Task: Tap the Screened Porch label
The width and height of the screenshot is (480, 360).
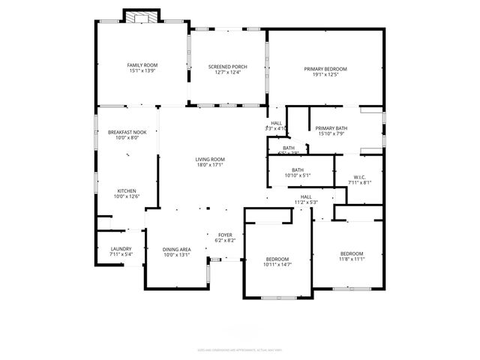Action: pos(227,67)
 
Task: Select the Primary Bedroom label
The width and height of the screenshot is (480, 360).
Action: pos(325,69)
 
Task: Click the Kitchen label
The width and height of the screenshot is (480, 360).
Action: pos(126,190)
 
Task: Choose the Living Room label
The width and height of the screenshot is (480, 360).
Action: pos(210,159)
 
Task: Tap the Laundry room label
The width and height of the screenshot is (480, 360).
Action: pos(121,249)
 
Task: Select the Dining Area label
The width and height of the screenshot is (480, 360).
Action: pos(177,249)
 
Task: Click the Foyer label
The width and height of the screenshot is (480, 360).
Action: pos(225,235)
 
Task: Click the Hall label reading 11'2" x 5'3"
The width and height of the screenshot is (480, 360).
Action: pos(306,202)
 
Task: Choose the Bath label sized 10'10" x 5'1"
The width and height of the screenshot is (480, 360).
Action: pos(297,175)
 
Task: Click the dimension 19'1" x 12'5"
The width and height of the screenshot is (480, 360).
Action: pos(325,75)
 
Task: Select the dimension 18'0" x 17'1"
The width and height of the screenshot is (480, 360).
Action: pos(210,165)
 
